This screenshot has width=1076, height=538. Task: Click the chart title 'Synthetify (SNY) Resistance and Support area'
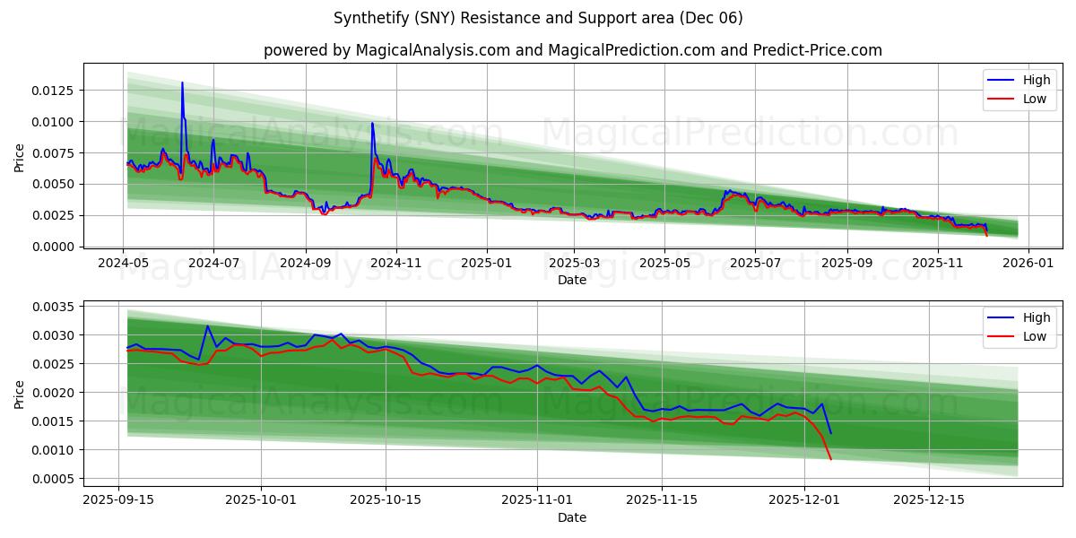coord(538,18)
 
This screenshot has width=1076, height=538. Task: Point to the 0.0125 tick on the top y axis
coord(55,91)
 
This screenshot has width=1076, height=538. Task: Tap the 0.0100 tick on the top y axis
coord(55,122)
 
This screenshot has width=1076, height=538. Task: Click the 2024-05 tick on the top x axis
coord(123,264)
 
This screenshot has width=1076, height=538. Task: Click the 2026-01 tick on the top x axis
coord(1028,264)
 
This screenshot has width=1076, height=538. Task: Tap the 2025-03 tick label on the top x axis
coord(574,264)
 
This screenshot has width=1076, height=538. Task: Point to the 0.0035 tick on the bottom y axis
coord(55,307)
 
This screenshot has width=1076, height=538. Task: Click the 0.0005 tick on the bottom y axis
coord(55,479)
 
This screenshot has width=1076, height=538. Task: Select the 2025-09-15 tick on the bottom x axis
coord(119,500)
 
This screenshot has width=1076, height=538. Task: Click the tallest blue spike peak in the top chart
coord(182,82)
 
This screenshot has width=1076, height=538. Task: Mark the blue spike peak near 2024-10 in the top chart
coord(372,123)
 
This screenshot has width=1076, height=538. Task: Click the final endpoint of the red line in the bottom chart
coord(831,460)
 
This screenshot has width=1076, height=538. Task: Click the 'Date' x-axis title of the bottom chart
coord(572,517)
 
